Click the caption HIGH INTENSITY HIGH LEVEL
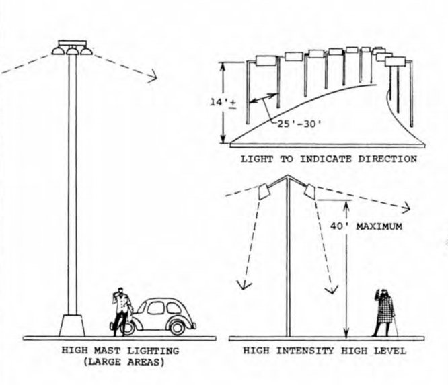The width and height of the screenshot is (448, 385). [x=325, y=350]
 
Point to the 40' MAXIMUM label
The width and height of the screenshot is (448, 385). [x=376, y=227]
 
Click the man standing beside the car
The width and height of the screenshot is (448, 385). [x=121, y=312]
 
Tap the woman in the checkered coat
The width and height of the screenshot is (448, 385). [x=385, y=313]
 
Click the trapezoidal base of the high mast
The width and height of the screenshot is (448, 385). [x=71, y=325]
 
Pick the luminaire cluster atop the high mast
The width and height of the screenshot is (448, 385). [x=72, y=48]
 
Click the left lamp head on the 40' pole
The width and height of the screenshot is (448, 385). [x=264, y=192]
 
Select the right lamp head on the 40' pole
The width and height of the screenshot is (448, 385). [x=310, y=191]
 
